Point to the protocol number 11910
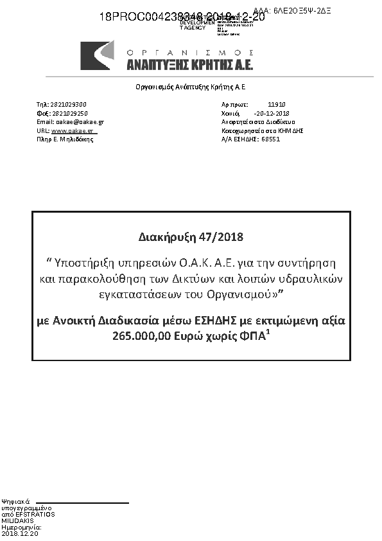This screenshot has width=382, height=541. [x=277, y=104]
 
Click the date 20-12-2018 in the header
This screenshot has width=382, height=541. [x=272, y=112]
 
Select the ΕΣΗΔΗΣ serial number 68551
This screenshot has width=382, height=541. [x=270, y=139]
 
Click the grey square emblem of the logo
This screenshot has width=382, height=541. [x=97, y=55]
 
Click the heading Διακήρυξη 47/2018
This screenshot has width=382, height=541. [x=191, y=236]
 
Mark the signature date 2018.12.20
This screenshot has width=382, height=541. [x=20, y=534]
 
